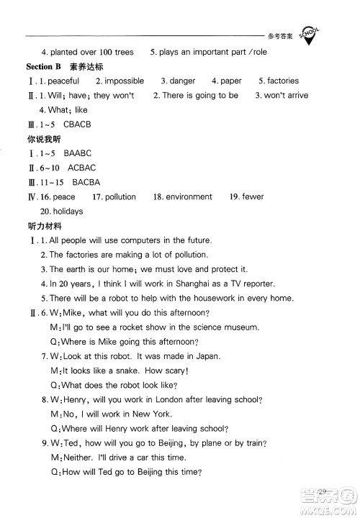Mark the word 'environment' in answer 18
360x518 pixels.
pyautogui.click(x=189, y=196)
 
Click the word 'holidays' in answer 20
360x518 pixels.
pyautogui.click(x=67, y=212)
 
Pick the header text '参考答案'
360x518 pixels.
pyautogui.click(x=279, y=34)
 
